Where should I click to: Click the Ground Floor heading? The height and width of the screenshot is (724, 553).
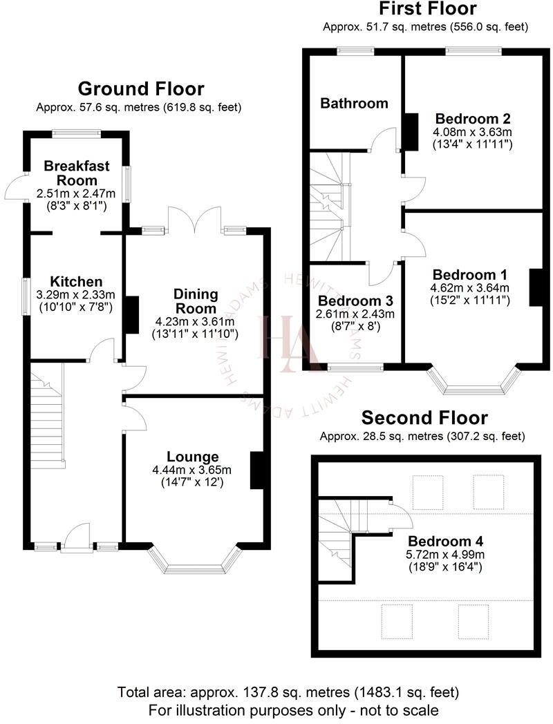click(141, 88)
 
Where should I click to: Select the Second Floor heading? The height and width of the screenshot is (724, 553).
click(425, 418)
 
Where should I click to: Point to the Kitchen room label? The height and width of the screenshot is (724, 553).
click(76, 282)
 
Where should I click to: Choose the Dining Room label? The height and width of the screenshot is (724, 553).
click(196, 302)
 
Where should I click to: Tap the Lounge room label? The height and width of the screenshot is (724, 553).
click(193, 457)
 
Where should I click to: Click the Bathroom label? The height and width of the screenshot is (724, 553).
click(354, 104)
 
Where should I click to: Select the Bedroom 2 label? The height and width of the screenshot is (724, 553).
click(473, 118)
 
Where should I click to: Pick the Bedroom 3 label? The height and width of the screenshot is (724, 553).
click(355, 301)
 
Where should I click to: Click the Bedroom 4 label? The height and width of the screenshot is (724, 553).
click(445, 541)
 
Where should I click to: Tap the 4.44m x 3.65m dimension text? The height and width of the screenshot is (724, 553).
click(193, 469)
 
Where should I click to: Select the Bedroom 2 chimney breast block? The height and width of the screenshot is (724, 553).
click(410, 131)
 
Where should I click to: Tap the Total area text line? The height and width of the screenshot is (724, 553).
click(288, 692)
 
